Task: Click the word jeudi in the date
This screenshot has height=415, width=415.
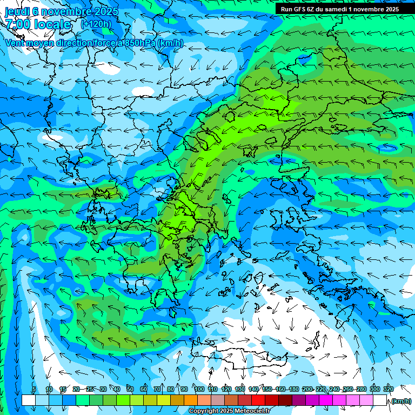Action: tap(17, 11)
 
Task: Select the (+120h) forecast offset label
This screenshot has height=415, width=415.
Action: tap(96, 24)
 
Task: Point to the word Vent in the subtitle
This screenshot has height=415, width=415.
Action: tap(16, 43)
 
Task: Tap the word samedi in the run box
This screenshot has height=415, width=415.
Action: tap(346, 9)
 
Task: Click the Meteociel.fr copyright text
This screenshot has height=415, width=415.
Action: tap(229, 411)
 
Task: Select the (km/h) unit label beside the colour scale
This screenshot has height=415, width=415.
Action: tap(401, 401)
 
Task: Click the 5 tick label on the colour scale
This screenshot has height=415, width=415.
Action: tap(35, 390)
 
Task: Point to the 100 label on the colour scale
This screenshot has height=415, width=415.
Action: tap(199, 390)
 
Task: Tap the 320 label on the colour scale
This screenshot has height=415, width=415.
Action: tap(388, 390)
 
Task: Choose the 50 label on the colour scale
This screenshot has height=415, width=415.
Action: tap(130, 390)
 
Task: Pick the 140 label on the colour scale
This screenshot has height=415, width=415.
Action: tap(253, 390)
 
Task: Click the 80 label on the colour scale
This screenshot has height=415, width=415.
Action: tap(171, 390)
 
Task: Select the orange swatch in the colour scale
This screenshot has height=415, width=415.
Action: tap(190, 400)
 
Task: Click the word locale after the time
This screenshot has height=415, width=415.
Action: tap(51, 24)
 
